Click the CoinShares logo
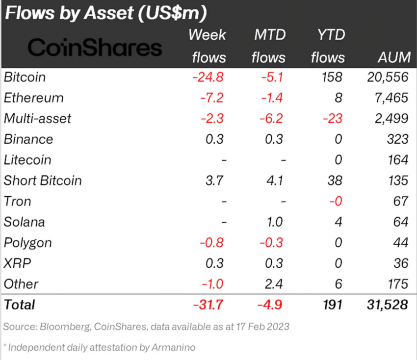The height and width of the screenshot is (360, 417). pos(95,48)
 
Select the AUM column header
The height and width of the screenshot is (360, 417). pos(394,57)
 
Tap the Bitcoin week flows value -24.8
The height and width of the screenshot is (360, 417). pos(208,77)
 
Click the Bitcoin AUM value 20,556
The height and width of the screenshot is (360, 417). pos(388,77)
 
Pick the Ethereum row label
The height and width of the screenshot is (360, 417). pos(34,98)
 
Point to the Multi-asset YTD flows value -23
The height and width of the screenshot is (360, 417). pos(332,119)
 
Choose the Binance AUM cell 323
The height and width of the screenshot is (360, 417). pos(397,139)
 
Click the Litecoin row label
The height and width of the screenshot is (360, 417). pos(27,160)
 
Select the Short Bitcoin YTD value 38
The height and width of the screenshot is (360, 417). pos(335,180)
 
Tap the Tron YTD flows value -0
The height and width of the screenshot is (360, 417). pos(336,201)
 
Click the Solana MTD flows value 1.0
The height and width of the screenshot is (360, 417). pos(275,222)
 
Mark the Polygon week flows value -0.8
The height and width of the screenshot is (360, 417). pos(212,243)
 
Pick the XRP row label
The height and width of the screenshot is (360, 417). pos(17,263)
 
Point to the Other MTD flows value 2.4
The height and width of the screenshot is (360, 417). pos(274,284)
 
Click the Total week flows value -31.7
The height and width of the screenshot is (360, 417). pos(208,305)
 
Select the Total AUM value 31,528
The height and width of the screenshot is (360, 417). pos(387,305)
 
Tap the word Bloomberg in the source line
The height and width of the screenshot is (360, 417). pos(65,327)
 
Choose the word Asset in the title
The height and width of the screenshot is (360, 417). pos(109,13)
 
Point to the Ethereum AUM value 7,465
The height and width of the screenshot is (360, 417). pos(391,98)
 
